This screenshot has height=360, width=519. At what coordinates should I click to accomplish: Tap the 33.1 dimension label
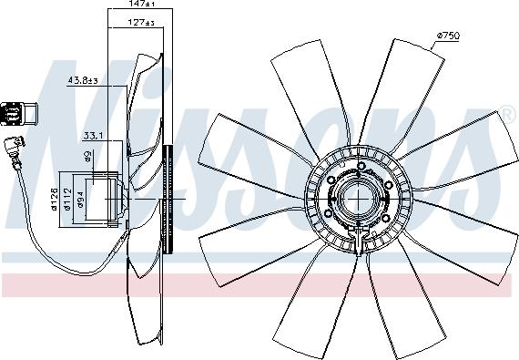pyautogui.click(x=94, y=137)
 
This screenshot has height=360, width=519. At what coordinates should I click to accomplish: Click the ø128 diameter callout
pyautogui.click(x=55, y=197)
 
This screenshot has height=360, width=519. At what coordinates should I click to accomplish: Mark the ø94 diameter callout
pyautogui.click(x=82, y=199)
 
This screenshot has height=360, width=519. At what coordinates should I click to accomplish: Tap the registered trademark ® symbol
pyautogui.click(x=507, y=114)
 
